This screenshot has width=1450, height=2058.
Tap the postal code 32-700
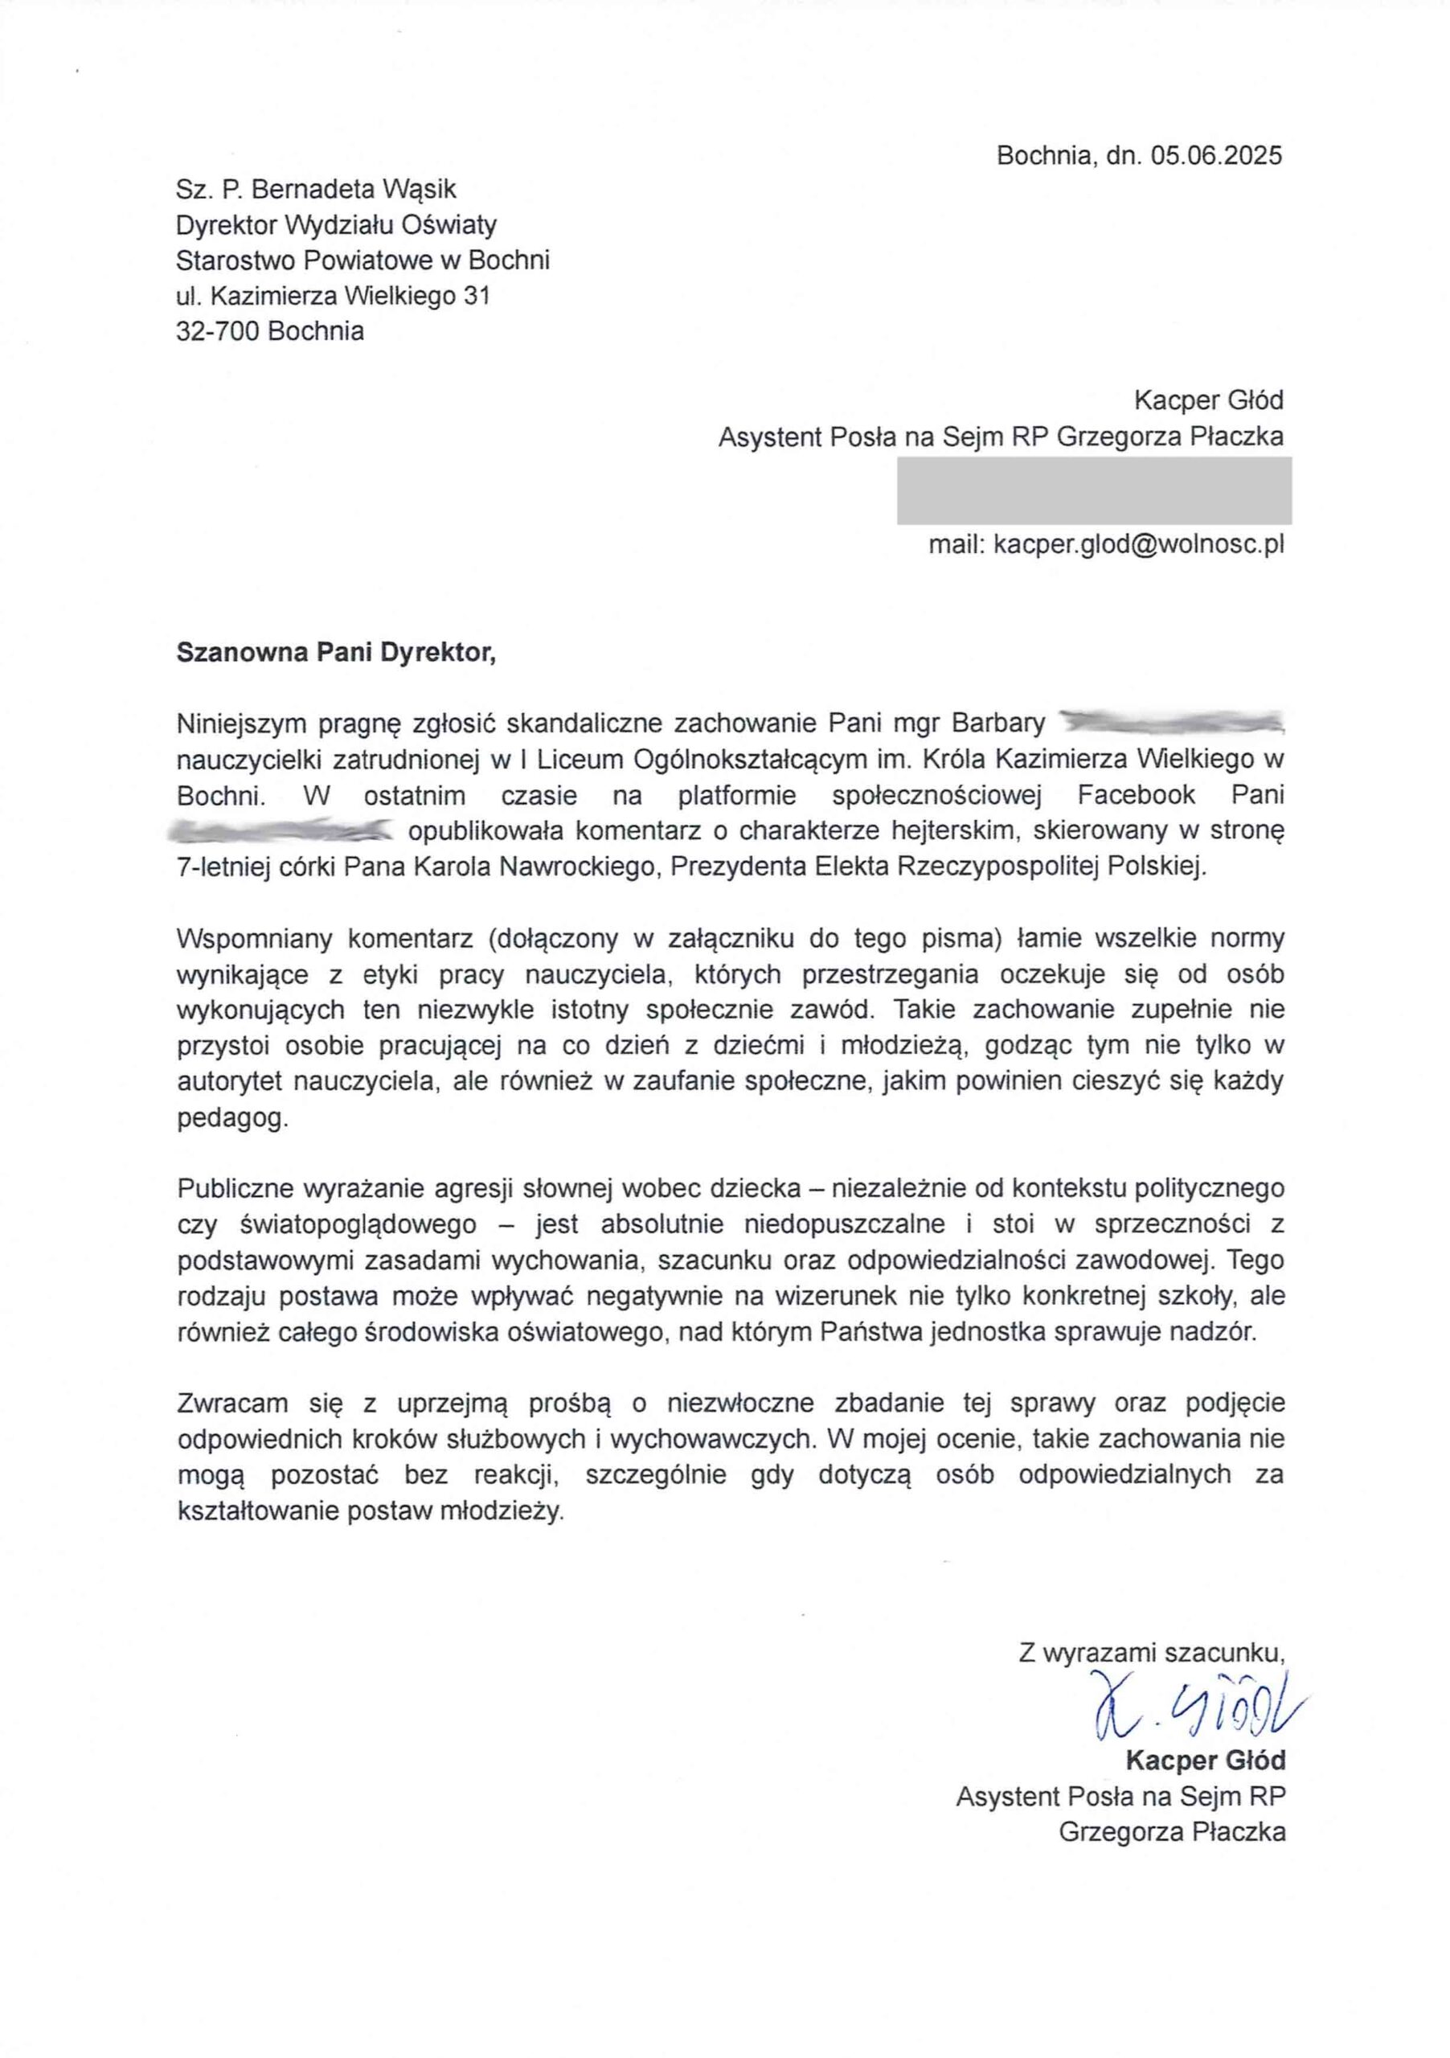click(x=218, y=332)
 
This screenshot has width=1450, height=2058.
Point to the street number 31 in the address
click(x=477, y=296)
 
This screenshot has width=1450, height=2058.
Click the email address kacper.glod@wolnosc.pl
click(x=1138, y=544)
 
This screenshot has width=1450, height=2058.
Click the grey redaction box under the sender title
click(x=1093, y=490)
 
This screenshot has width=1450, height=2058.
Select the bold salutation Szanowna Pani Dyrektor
click(x=335, y=652)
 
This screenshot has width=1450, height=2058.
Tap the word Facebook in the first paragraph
click(x=1136, y=795)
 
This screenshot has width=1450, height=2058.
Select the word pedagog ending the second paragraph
click(x=232, y=1117)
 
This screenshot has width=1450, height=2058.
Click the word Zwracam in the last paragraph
click(x=232, y=1403)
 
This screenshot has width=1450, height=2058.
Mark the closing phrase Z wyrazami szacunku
click(x=1151, y=1653)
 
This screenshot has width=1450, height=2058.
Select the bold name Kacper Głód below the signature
click(x=1205, y=1761)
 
